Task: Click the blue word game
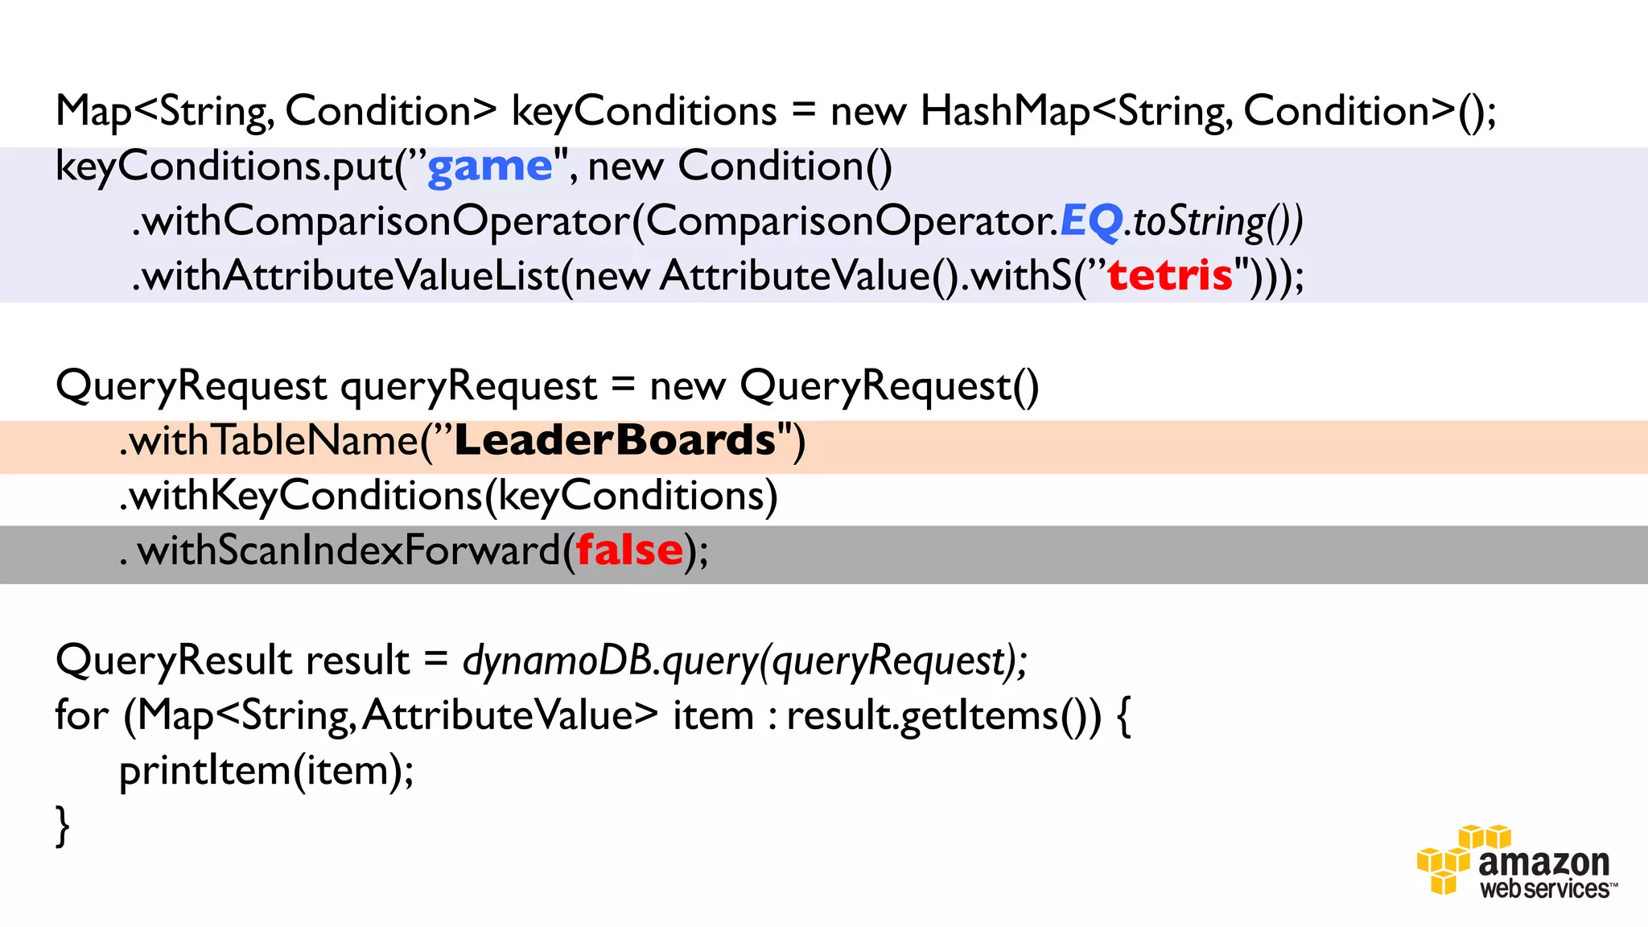489,167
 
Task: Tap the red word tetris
1170,276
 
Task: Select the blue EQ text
1090,221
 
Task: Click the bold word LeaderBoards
615,441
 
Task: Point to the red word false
629,551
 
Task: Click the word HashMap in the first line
1004,111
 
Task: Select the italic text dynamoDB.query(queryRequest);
744,661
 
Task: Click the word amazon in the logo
1543,863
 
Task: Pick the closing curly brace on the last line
62,826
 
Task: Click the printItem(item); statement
266,771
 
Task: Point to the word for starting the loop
81,715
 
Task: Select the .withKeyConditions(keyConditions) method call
448,496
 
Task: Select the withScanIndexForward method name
348,551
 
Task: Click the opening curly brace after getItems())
1124,716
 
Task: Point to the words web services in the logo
1545,889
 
